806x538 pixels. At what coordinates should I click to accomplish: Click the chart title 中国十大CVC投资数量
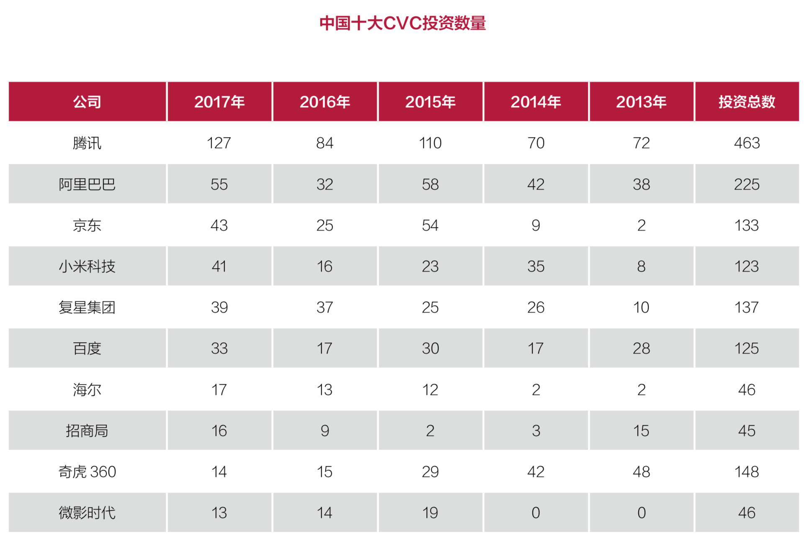point(403,23)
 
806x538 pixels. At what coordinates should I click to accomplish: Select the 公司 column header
point(87,102)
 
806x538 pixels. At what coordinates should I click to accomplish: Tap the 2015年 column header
point(430,102)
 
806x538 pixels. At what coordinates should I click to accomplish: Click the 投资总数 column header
point(747,102)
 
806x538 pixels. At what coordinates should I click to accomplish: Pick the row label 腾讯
point(87,143)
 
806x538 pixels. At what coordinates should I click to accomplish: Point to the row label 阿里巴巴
point(87,184)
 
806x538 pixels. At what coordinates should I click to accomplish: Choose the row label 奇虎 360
point(87,471)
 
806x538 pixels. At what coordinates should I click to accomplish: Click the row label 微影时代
point(87,512)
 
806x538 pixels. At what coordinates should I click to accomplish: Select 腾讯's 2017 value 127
point(219,143)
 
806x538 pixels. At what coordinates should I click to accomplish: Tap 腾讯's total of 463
point(747,143)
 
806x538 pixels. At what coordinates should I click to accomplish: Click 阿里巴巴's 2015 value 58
point(430,184)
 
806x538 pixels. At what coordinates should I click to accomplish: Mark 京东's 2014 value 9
point(536,225)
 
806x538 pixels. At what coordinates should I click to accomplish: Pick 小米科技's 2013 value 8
point(641,266)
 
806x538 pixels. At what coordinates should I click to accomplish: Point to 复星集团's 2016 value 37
point(325,307)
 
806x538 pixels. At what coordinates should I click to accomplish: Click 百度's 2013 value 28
point(641,348)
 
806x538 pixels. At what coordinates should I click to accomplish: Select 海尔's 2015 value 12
point(430,389)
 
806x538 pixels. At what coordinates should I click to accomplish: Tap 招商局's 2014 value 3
point(536,430)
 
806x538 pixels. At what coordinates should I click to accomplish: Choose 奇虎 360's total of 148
point(747,471)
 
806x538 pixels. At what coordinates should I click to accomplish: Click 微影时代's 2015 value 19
point(430,512)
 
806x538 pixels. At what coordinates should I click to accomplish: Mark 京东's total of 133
point(747,225)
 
